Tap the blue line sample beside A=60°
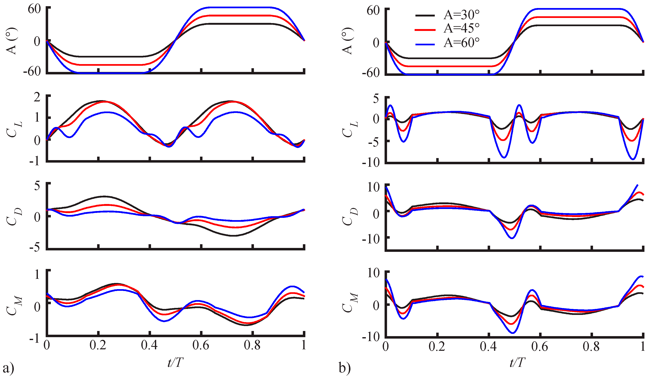click(425, 45)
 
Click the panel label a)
click(8, 368)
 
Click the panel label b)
click(345, 368)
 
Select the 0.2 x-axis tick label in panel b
click(437, 346)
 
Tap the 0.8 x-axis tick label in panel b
click(591, 346)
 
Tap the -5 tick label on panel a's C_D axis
click(35, 248)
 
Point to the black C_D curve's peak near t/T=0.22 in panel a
click(104, 196)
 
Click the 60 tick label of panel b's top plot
click(373, 11)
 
